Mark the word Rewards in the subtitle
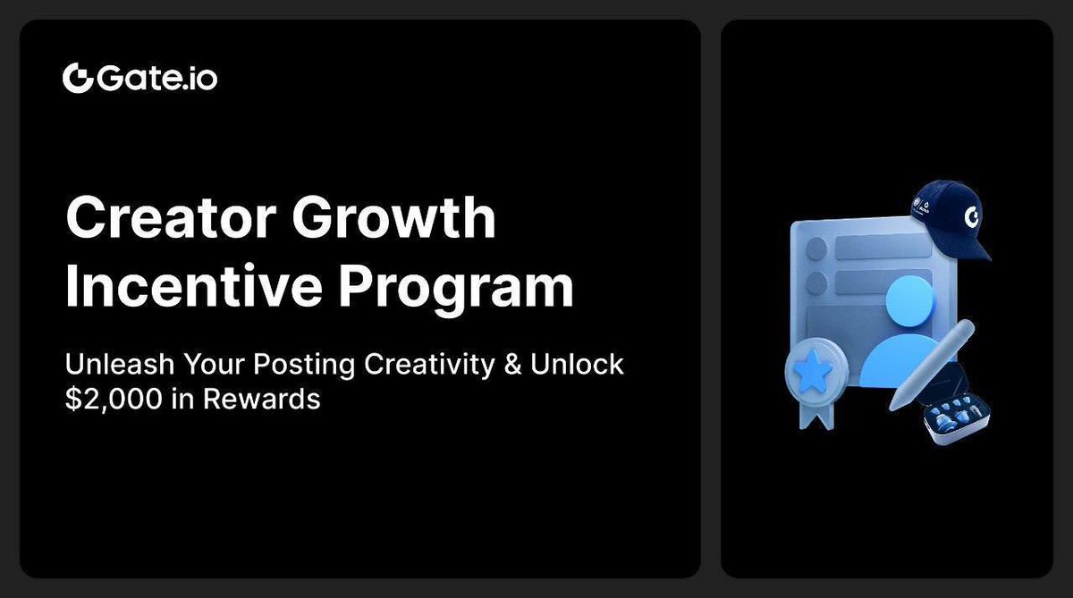tap(261, 399)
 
